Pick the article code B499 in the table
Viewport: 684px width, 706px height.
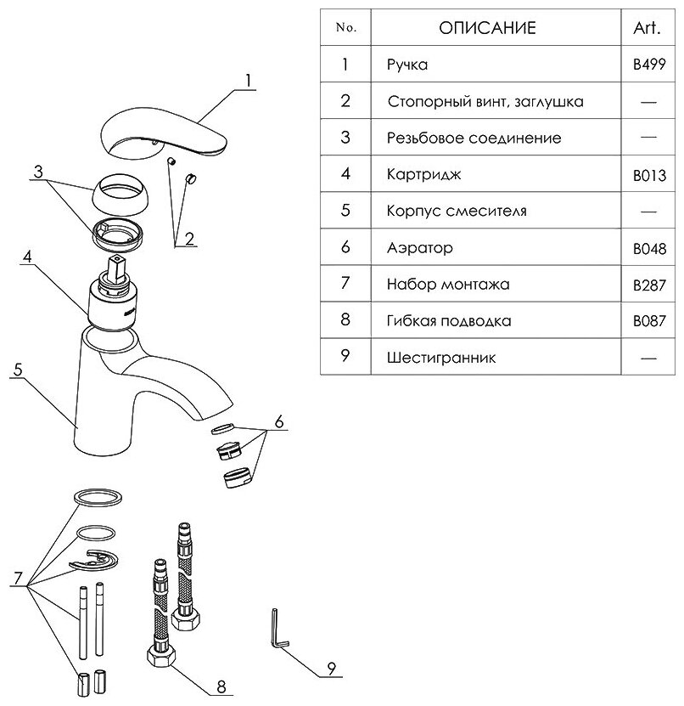click(x=648, y=65)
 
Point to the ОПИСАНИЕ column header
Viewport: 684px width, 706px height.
click(x=487, y=28)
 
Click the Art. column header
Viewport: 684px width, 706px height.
click(x=648, y=28)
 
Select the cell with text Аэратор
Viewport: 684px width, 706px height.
click(x=419, y=248)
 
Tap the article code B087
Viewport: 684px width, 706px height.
click(x=648, y=322)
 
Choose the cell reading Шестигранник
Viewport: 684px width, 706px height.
click(x=440, y=358)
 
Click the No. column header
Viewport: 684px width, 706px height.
click(x=345, y=28)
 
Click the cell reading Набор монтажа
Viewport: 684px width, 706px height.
click(x=447, y=285)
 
